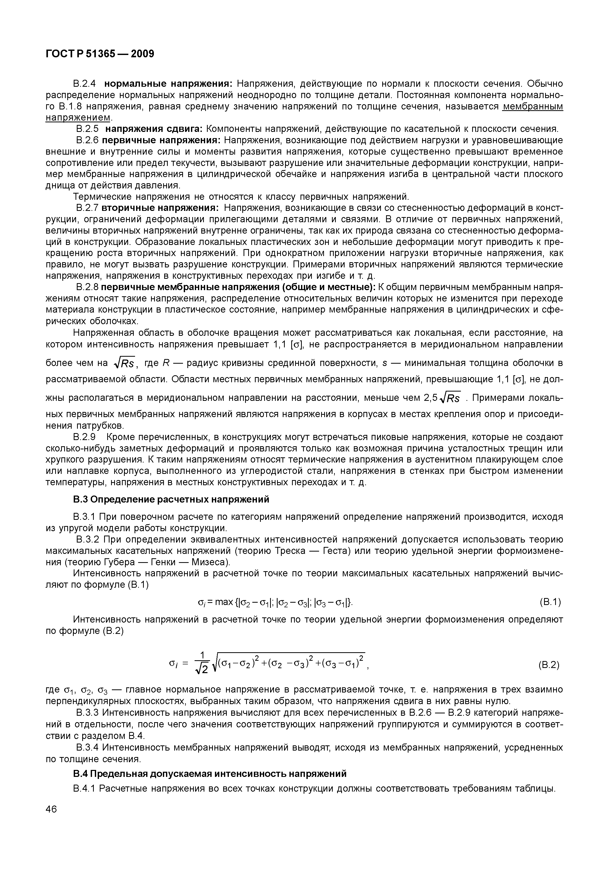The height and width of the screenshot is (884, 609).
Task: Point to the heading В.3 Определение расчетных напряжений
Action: (x=171, y=499)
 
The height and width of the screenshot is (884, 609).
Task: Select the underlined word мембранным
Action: (x=533, y=106)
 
